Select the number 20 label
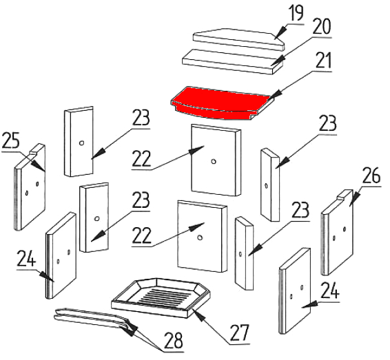click(322, 26)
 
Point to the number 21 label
click(323, 60)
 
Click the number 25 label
click(11, 140)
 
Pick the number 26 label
click(371, 176)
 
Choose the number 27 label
click(239, 333)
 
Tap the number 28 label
click(174, 340)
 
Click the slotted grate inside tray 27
click(163, 297)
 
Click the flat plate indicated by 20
click(233, 61)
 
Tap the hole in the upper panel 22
click(213, 162)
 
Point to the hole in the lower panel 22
click(199, 237)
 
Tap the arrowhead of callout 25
click(39, 166)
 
